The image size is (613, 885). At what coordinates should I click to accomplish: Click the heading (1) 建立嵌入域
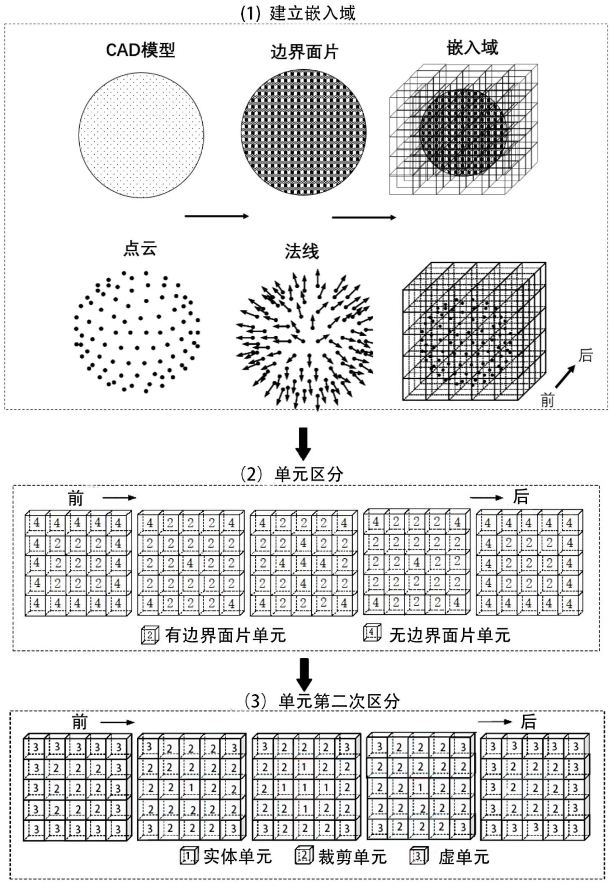[298, 13]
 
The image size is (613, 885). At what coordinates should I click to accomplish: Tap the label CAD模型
[141, 50]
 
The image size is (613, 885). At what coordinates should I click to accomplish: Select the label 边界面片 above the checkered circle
[304, 52]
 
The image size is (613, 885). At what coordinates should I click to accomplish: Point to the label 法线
[302, 252]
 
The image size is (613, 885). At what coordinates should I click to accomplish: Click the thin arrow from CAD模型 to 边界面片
[217, 216]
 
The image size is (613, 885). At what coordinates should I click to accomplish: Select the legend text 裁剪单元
[352, 857]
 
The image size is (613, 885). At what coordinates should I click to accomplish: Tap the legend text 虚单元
[463, 857]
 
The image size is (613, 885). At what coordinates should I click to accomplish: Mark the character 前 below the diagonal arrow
[547, 401]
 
